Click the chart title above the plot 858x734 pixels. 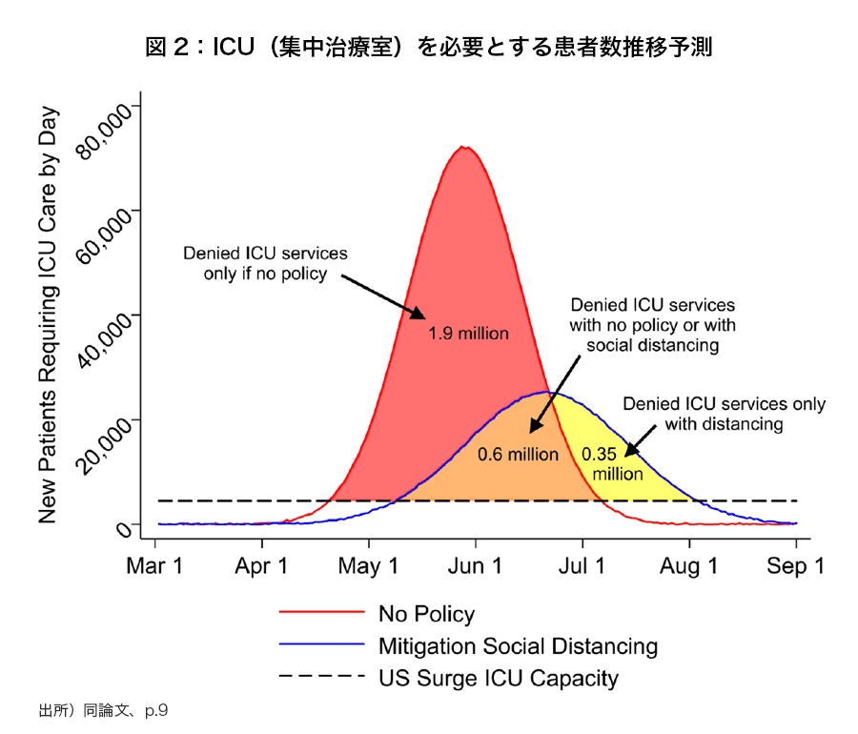click(429, 47)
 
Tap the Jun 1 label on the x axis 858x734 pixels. click(475, 566)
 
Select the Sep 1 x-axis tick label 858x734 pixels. click(797, 566)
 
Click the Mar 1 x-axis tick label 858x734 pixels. click(155, 566)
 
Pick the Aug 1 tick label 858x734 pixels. click(689, 566)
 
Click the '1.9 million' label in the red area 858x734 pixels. click(468, 334)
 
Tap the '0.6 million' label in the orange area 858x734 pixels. click(518, 454)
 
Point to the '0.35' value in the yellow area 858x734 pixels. click(600, 454)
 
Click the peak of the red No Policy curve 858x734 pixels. click(464, 147)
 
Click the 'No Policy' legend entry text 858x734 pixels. click(426, 614)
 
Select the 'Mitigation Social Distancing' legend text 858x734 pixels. click(518, 646)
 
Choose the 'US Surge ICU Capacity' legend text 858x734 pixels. click(498, 679)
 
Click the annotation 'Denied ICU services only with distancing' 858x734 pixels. click(724, 414)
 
